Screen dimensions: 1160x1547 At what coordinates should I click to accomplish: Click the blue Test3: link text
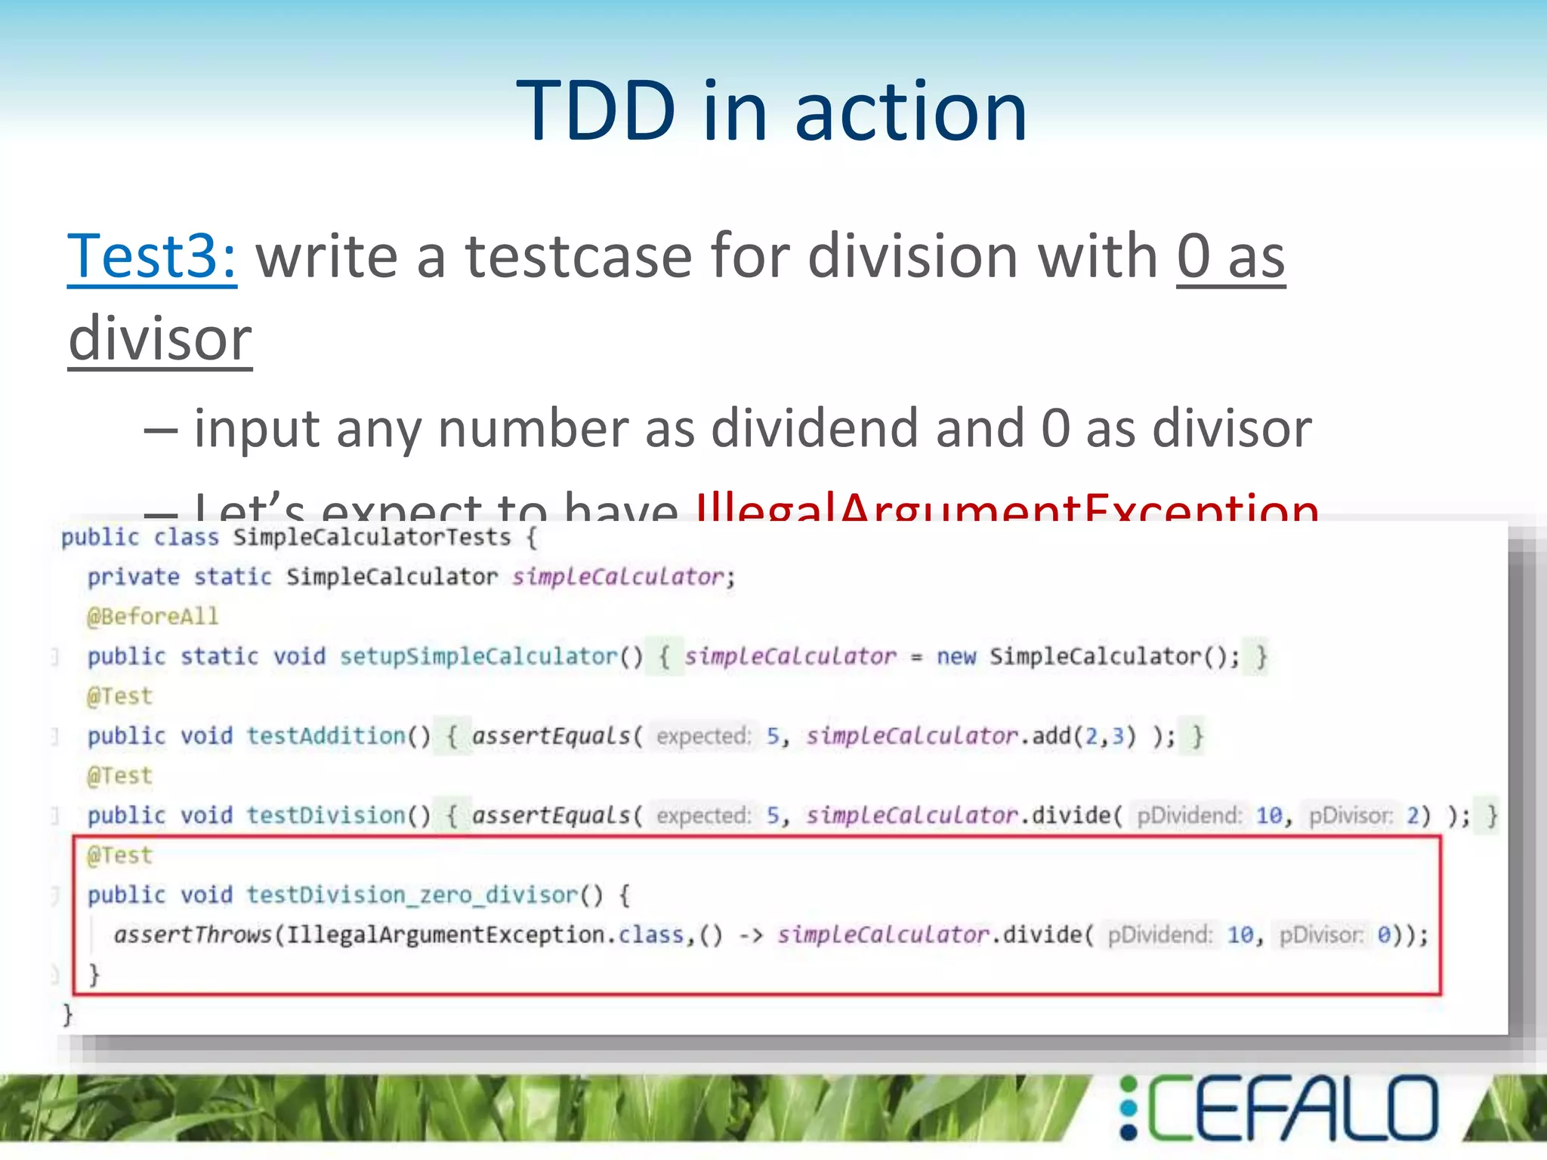pos(152,257)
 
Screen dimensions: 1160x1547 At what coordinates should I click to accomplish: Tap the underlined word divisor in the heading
pos(160,339)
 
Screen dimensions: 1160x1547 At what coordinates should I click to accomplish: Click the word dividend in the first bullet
pos(817,428)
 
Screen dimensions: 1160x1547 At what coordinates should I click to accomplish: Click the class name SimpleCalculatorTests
pos(372,538)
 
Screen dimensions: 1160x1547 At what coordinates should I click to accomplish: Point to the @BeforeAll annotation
pos(153,617)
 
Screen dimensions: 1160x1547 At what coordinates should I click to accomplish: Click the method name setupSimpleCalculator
pos(478,656)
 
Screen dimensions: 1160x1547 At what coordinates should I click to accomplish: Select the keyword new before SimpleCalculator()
pos(956,656)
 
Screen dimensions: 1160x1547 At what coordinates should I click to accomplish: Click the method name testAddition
pos(326,736)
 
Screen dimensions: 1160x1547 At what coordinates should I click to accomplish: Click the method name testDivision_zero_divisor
pos(412,895)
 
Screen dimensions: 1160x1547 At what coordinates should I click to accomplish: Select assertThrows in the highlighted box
pos(193,935)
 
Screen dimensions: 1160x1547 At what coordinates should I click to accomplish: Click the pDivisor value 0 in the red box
pos(1383,935)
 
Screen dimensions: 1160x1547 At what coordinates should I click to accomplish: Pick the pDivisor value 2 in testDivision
pos(1413,816)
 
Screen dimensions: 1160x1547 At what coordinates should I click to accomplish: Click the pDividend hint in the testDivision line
pos(1189,816)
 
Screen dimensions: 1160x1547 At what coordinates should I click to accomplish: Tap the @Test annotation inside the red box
pos(119,856)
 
